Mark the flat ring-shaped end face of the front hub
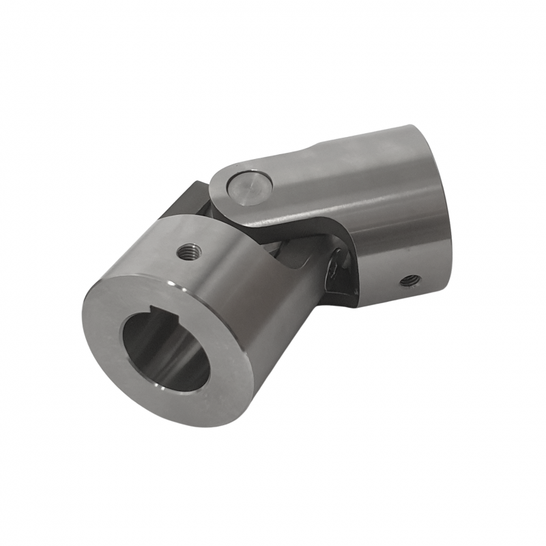[113, 341]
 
